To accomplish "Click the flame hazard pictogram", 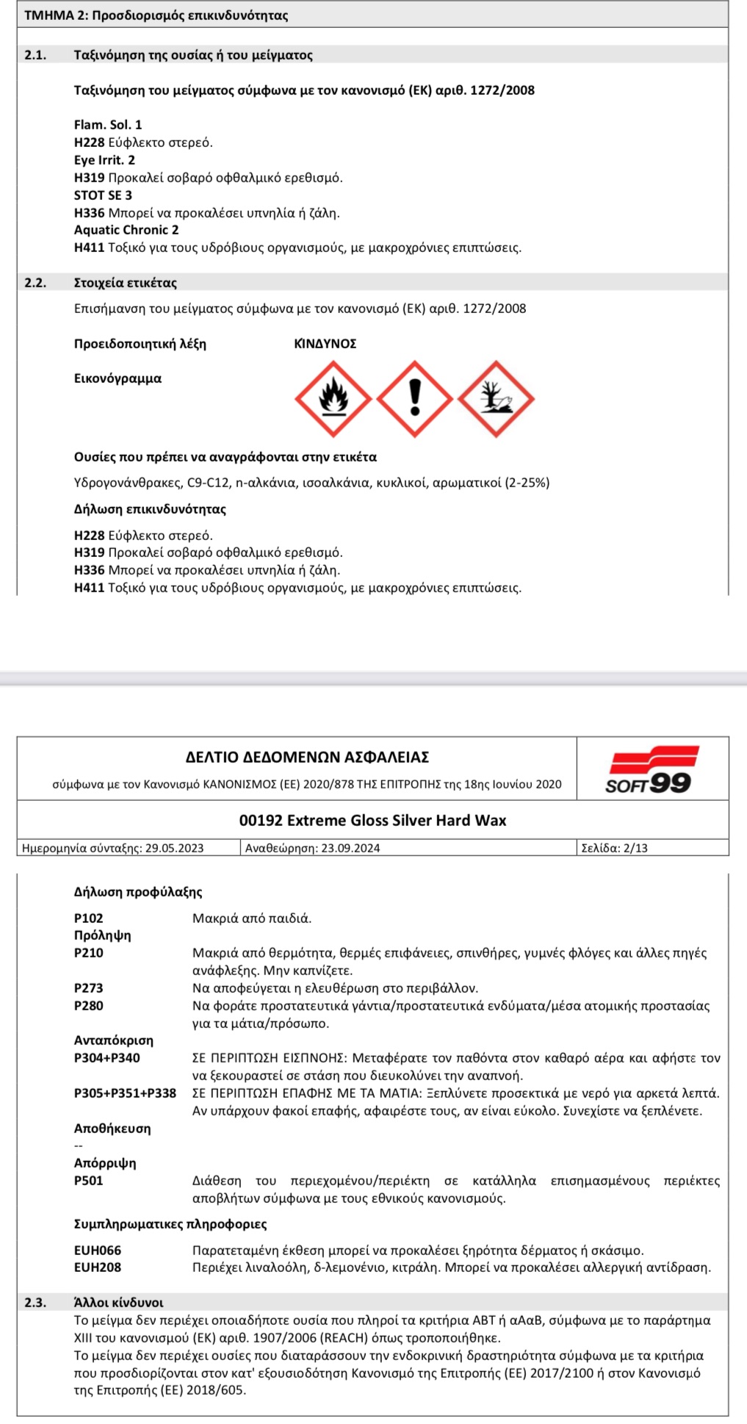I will (x=333, y=399).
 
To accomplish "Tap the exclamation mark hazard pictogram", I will (x=415, y=399).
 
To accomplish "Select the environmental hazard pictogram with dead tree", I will (x=496, y=399).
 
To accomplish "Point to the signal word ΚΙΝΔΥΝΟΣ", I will (x=325, y=344).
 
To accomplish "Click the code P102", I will (x=89, y=918).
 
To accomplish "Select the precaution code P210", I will (x=89, y=953).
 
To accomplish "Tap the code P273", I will (x=89, y=988).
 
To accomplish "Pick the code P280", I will (x=89, y=1006).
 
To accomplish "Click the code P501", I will (x=89, y=1181).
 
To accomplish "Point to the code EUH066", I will (x=98, y=1250).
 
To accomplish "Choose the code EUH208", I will (x=98, y=1267).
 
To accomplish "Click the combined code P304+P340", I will (x=107, y=1058).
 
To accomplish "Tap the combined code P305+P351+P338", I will (x=125, y=1093).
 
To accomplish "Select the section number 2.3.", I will (x=35, y=1303).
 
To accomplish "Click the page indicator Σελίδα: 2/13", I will (x=615, y=848).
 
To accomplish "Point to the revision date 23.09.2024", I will (x=350, y=848).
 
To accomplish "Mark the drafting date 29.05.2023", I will (x=174, y=848).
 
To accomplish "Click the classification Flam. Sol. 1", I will (x=108, y=125).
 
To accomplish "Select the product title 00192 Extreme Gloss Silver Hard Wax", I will (x=372, y=821).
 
